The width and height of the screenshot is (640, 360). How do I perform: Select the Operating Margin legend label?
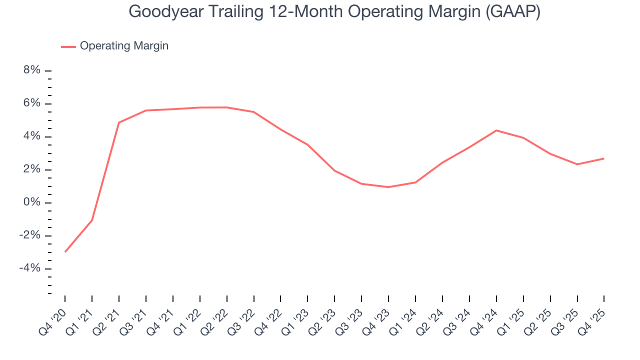(124, 46)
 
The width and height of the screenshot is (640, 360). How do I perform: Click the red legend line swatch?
(68, 46)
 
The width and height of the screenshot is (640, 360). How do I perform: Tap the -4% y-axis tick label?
(30, 268)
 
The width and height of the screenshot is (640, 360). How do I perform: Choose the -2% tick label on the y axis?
(30, 235)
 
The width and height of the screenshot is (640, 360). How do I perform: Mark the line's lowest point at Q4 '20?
(65, 251)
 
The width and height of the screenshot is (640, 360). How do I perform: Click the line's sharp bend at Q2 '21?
(119, 122)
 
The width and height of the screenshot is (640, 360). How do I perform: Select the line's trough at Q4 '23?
(388, 187)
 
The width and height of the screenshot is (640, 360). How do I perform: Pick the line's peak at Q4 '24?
(496, 130)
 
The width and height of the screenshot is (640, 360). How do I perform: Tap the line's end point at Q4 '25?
(603, 158)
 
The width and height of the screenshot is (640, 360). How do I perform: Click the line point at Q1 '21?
(92, 220)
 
